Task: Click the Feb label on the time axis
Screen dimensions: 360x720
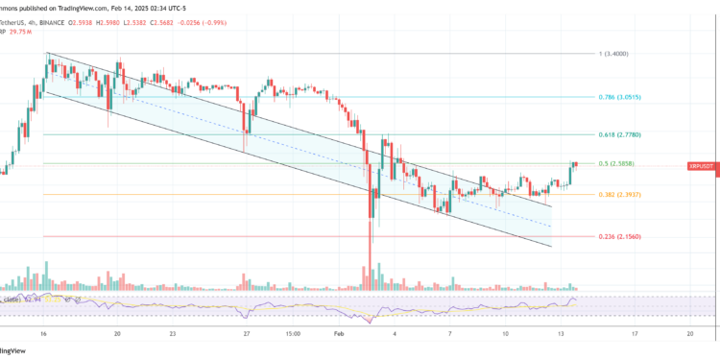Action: [336, 334]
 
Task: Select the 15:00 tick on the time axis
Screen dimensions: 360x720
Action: [294, 334]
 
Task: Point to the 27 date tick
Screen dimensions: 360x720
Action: [246, 334]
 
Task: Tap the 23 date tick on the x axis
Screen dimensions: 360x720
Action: [172, 334]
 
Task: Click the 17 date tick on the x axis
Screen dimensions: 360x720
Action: [636, 334]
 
